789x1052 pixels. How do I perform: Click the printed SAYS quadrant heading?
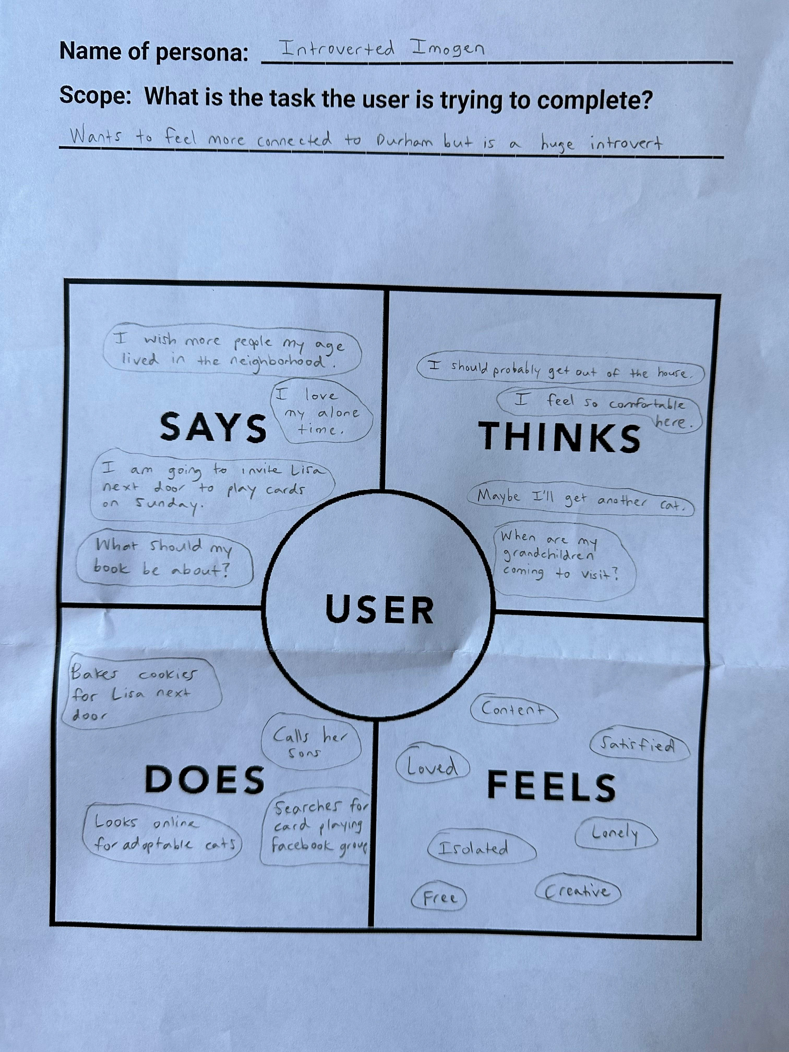(x=213, y=427)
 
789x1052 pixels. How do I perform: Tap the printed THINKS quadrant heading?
(x=559, y=437)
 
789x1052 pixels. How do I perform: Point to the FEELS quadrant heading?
(x=551, y=786)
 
